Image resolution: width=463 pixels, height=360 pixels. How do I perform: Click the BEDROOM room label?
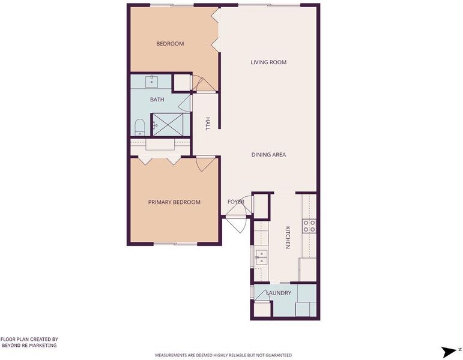(x=170, y=44)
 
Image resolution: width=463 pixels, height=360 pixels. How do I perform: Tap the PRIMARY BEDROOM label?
(x=174, y=202)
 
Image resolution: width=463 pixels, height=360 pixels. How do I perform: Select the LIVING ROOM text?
(x=268, y=62)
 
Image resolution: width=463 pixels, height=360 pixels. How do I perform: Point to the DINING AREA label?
(x=268, y=155)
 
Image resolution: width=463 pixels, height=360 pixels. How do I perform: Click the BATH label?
(x=157, y=100)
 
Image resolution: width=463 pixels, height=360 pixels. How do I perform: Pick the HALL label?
(x=208, y=124)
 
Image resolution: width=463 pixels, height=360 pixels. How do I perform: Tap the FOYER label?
(x=235, y=202)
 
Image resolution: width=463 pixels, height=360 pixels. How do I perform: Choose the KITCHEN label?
(x=288, y=238)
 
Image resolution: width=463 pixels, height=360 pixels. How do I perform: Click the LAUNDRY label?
(x=279, y=293)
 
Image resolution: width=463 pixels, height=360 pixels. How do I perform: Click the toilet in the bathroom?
(x=139, y=127)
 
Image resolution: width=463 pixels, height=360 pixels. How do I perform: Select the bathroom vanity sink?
(x=151, y=82)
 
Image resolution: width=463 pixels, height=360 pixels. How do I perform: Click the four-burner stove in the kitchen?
(x=309, y=226)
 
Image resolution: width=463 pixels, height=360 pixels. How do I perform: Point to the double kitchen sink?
(x=261, y=257)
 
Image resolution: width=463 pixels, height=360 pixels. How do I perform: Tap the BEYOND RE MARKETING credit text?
(x=29, y=345)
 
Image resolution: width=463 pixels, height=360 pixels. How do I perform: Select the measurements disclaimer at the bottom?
(x=223, y=355)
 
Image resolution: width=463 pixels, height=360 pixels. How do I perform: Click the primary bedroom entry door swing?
(x=205, y=164)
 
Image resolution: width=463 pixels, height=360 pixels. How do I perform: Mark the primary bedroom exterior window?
(x=175, y=244)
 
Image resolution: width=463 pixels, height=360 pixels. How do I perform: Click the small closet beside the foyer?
(x=261, y=206)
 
